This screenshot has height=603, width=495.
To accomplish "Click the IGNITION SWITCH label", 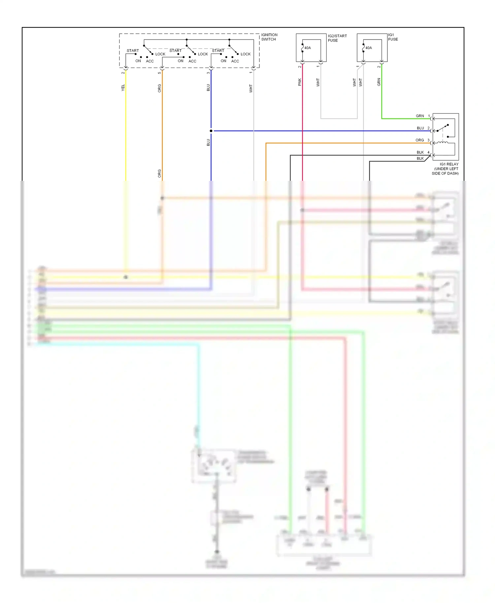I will coord(269,37).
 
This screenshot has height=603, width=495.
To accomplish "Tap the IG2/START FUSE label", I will coord(337,38).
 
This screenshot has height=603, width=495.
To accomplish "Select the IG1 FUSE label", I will coord(393,37).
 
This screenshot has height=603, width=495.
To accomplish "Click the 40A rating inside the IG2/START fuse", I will coord(308,48).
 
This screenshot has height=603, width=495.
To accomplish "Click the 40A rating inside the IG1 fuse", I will coord(369,48).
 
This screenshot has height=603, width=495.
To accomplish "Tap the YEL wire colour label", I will coord(123,88).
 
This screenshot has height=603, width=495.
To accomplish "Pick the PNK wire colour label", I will coord(300,82).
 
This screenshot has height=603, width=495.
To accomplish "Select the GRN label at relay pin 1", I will coord(420,116).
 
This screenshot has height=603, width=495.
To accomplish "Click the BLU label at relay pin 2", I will coord(420,128).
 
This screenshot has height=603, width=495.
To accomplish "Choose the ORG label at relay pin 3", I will coord(419,140).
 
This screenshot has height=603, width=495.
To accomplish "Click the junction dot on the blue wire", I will coord(211,131).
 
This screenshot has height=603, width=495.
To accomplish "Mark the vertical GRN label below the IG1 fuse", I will coord(379,82).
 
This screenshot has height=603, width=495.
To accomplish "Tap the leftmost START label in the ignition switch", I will coord(133,51).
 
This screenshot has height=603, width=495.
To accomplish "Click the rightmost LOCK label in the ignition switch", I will coord(246,54).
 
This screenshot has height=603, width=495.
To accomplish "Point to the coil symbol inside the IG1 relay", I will coord(442,143).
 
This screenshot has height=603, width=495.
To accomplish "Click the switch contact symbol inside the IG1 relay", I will coord(443,128).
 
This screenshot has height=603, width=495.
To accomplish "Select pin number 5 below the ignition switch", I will coord(159,73).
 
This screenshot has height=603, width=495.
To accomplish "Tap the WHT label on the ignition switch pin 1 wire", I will coord(251,88).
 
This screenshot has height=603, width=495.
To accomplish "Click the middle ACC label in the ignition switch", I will coord(192,61).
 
